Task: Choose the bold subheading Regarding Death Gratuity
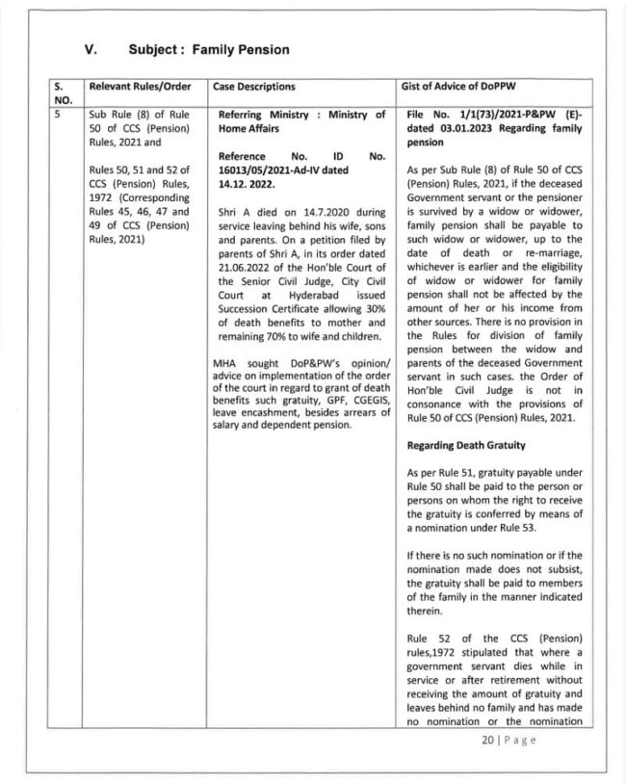(463, 447)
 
